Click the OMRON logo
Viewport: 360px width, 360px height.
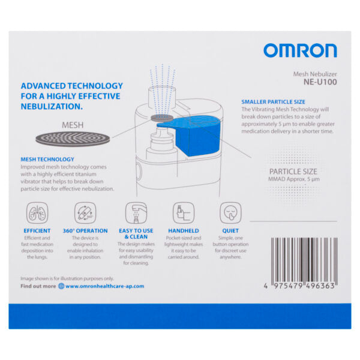tap(299, 50)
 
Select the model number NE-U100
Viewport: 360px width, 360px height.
tap(320, 83)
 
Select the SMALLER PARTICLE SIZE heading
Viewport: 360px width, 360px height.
tap(273, 102)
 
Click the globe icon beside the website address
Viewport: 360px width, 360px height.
tap(61, 286)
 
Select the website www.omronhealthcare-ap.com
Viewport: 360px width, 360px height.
tap(104, 286)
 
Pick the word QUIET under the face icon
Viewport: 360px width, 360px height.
tap(230, 230)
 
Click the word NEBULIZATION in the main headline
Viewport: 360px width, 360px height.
tap(51, 106)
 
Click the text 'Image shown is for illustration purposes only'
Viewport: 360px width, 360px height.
tap(67, 278)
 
